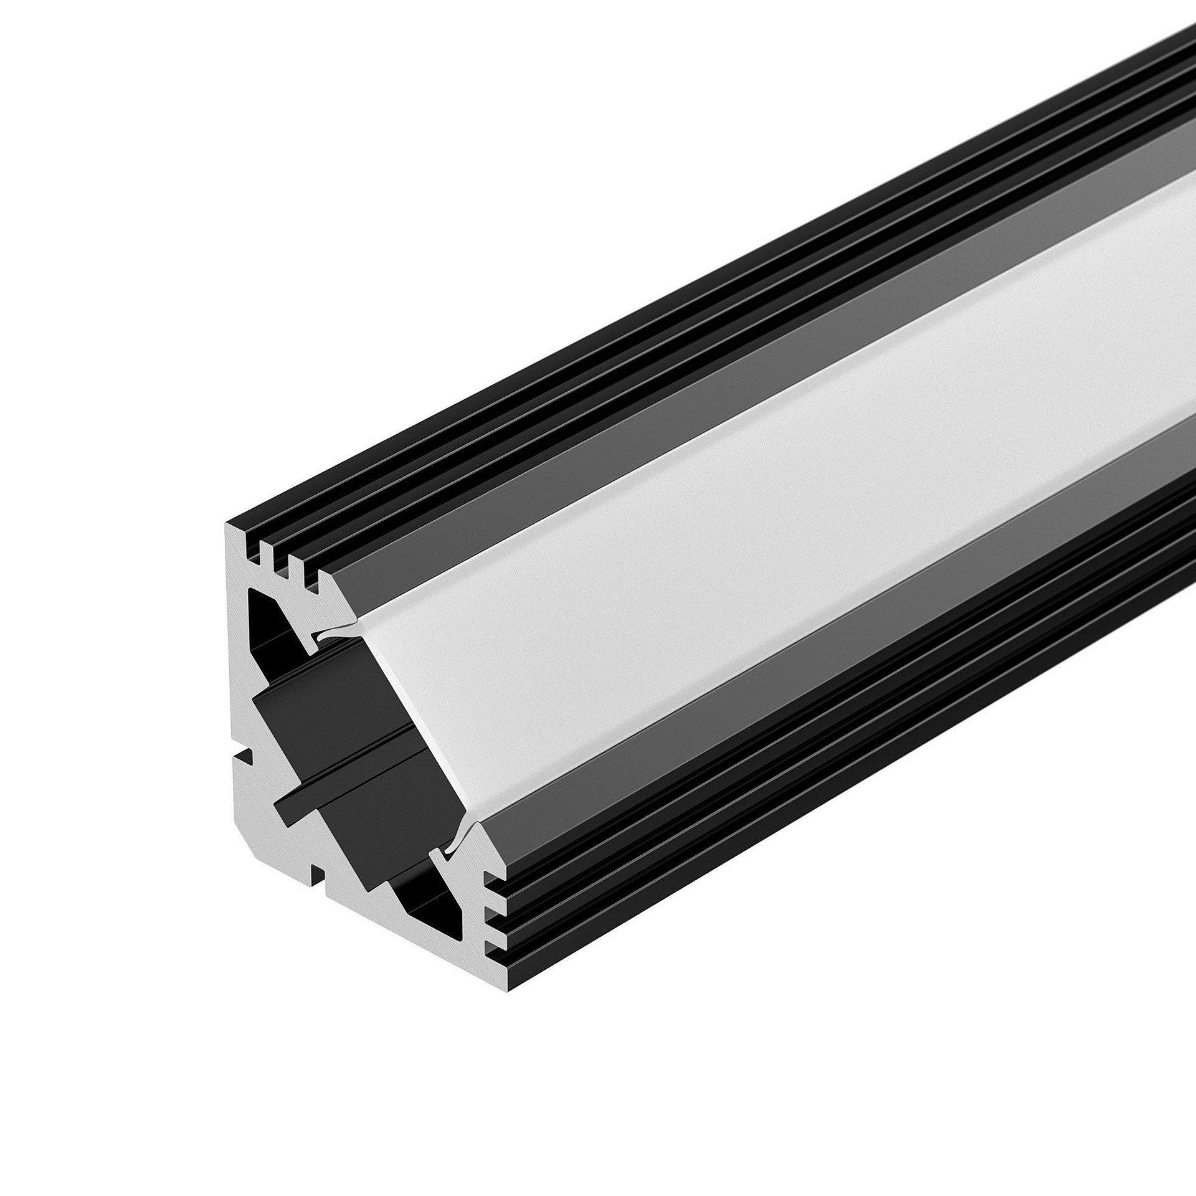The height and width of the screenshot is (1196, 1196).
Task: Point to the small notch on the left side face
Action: pos(244,757)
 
